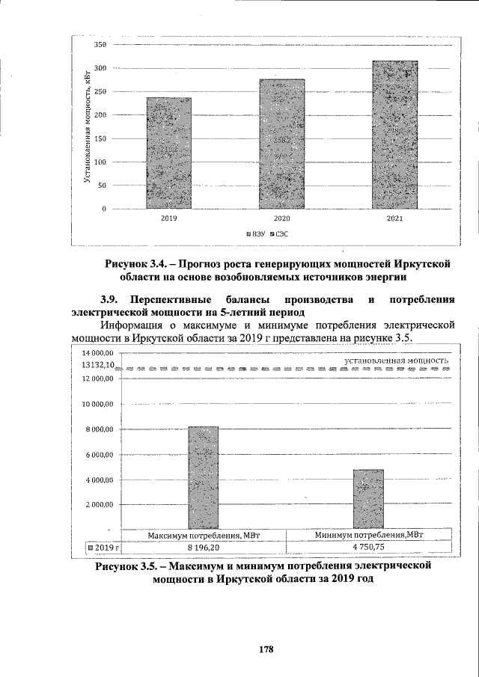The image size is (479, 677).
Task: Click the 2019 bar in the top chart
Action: (168, 153)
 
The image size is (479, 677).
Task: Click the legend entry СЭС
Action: (279, 234)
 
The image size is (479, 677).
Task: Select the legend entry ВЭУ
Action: (257, 234)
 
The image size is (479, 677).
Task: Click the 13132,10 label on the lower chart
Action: (98, 366)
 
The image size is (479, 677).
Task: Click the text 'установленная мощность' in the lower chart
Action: (396, 361)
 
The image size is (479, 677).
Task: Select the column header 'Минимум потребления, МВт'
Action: (370, 536)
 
